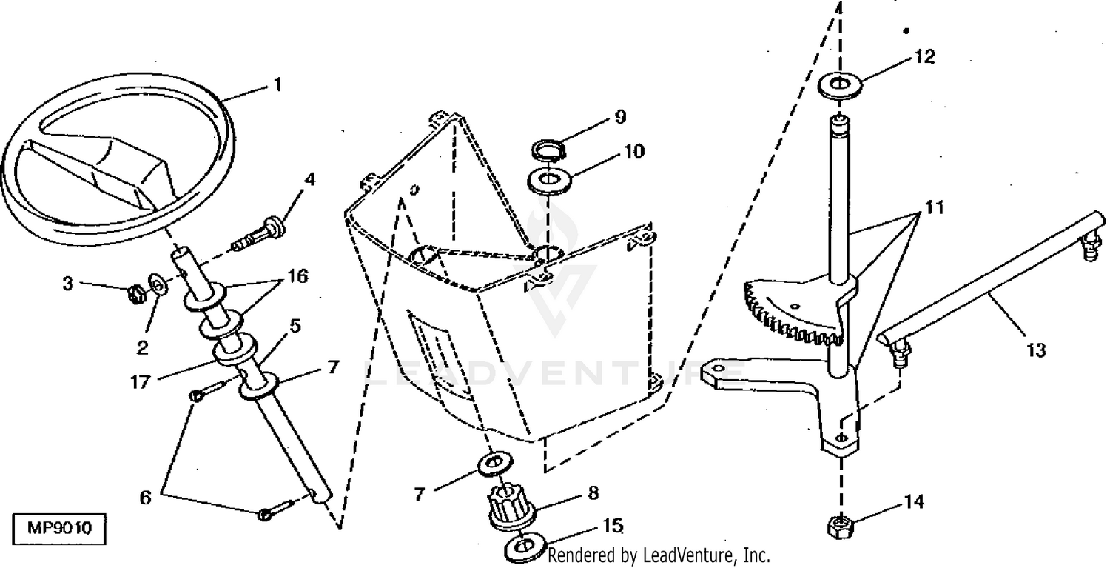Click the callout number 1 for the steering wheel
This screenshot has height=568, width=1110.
click(276, 85)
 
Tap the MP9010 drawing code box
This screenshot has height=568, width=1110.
click(58, 529)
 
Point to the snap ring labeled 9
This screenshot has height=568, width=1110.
click(548, 150)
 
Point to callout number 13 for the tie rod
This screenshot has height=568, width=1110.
click(1037, 350)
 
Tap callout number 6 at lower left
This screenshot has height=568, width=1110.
click(145, 498)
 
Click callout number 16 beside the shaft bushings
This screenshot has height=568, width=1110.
click(297, 277)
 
